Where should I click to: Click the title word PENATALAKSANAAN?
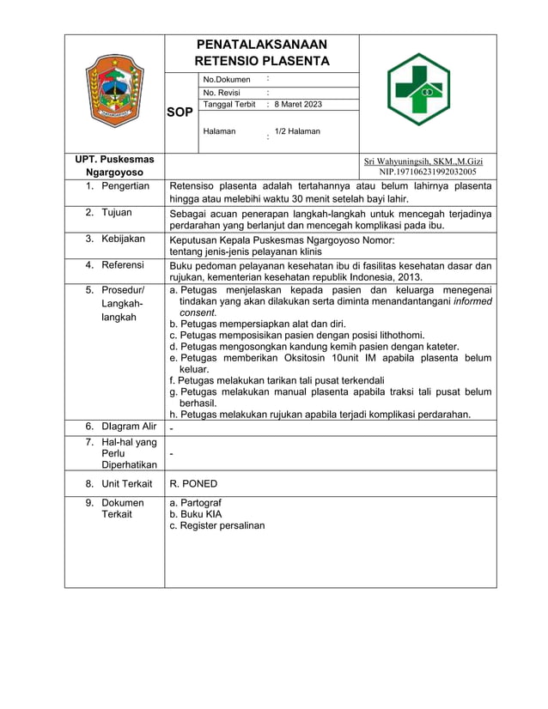coord(261,45)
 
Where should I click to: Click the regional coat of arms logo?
coord(114,93)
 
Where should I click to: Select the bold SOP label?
coord(180,112)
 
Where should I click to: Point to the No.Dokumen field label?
coord(227,80)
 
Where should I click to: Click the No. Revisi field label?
coord(222,93)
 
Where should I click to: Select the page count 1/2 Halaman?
coord(297,131)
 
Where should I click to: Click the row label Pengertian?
coord(125,185)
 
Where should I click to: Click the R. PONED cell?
coord(193,483)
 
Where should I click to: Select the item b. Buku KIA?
coord(196,514)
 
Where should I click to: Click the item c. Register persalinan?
coord(217,525)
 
